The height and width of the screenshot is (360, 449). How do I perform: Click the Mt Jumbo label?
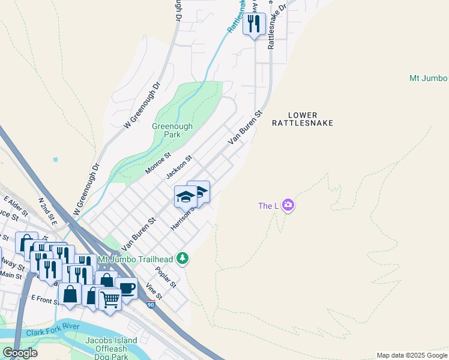[429, 79]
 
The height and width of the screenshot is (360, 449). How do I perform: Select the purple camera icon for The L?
[289, 206]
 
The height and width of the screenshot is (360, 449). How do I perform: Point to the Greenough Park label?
[172, 131]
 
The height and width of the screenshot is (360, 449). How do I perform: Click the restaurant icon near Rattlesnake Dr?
[254, 24]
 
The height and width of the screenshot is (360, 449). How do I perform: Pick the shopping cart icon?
[110, 298]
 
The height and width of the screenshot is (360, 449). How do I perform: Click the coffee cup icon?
[127, 288]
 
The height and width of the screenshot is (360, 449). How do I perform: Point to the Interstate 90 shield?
[151, 305]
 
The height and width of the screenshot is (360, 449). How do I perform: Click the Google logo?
[20, 353]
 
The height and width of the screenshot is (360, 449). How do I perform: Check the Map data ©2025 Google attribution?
[411, 355]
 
